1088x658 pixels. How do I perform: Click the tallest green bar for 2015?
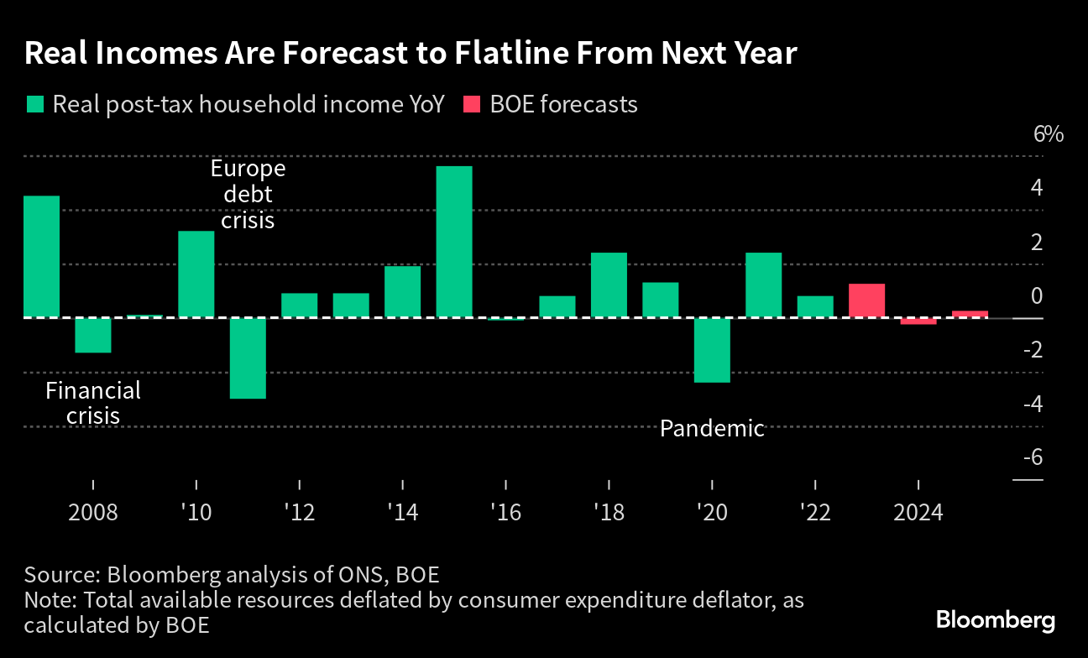454,242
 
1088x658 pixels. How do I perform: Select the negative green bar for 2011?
248,358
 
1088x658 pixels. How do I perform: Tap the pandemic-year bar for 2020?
712,350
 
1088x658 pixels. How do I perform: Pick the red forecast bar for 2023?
867,300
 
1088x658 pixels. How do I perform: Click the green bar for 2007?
41,257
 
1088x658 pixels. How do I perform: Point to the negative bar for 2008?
93,335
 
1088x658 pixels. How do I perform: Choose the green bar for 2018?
609,285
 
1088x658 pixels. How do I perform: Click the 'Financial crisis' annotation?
93,403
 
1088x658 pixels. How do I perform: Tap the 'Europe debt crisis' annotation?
248,195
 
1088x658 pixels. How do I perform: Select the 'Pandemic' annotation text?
712,429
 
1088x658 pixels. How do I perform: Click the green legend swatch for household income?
34,105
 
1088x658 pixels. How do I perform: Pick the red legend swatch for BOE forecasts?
472,105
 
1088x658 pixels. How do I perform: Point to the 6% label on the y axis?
1049,134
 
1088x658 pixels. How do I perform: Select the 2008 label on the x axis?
93,512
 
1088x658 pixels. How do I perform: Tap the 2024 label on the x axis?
918,512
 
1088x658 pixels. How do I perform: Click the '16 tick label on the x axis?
505,512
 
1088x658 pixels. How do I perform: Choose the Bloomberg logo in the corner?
996,620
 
